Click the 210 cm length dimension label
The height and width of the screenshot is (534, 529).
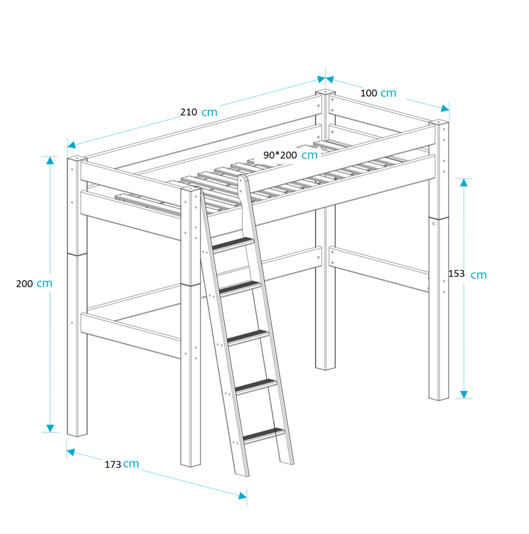coord(199,112)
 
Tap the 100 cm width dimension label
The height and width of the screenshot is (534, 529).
coord(378,93)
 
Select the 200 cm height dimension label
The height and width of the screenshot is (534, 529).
coord(34,284)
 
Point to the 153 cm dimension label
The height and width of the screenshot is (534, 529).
coord(468,274)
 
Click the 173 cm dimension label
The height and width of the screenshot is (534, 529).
coord(122,464)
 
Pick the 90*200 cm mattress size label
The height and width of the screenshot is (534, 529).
coord(290,155)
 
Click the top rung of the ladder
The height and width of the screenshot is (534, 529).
coord(233,244)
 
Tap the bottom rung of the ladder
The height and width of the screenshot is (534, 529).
coord(263,436)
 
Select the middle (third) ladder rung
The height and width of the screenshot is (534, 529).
coord(248,337)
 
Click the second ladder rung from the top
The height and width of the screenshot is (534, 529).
coord(240,288)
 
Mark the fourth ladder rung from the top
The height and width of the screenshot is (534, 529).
coord(256,386)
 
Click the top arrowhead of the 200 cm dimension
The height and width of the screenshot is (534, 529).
coord(50,160)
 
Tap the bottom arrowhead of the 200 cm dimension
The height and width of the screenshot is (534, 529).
coord(50,428)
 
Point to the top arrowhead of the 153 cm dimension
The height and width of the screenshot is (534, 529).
coord(464,182)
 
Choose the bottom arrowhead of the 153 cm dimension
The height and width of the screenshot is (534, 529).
coord(464,395)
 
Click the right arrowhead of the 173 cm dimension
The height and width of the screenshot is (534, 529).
coord(243,496)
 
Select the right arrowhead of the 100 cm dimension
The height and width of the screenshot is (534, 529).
coord(445,108)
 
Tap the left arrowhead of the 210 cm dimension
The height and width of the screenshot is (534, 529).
coord(71,145)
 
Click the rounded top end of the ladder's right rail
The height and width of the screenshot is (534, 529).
coord(242,178)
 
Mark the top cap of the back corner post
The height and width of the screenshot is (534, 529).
coord(325,92)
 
